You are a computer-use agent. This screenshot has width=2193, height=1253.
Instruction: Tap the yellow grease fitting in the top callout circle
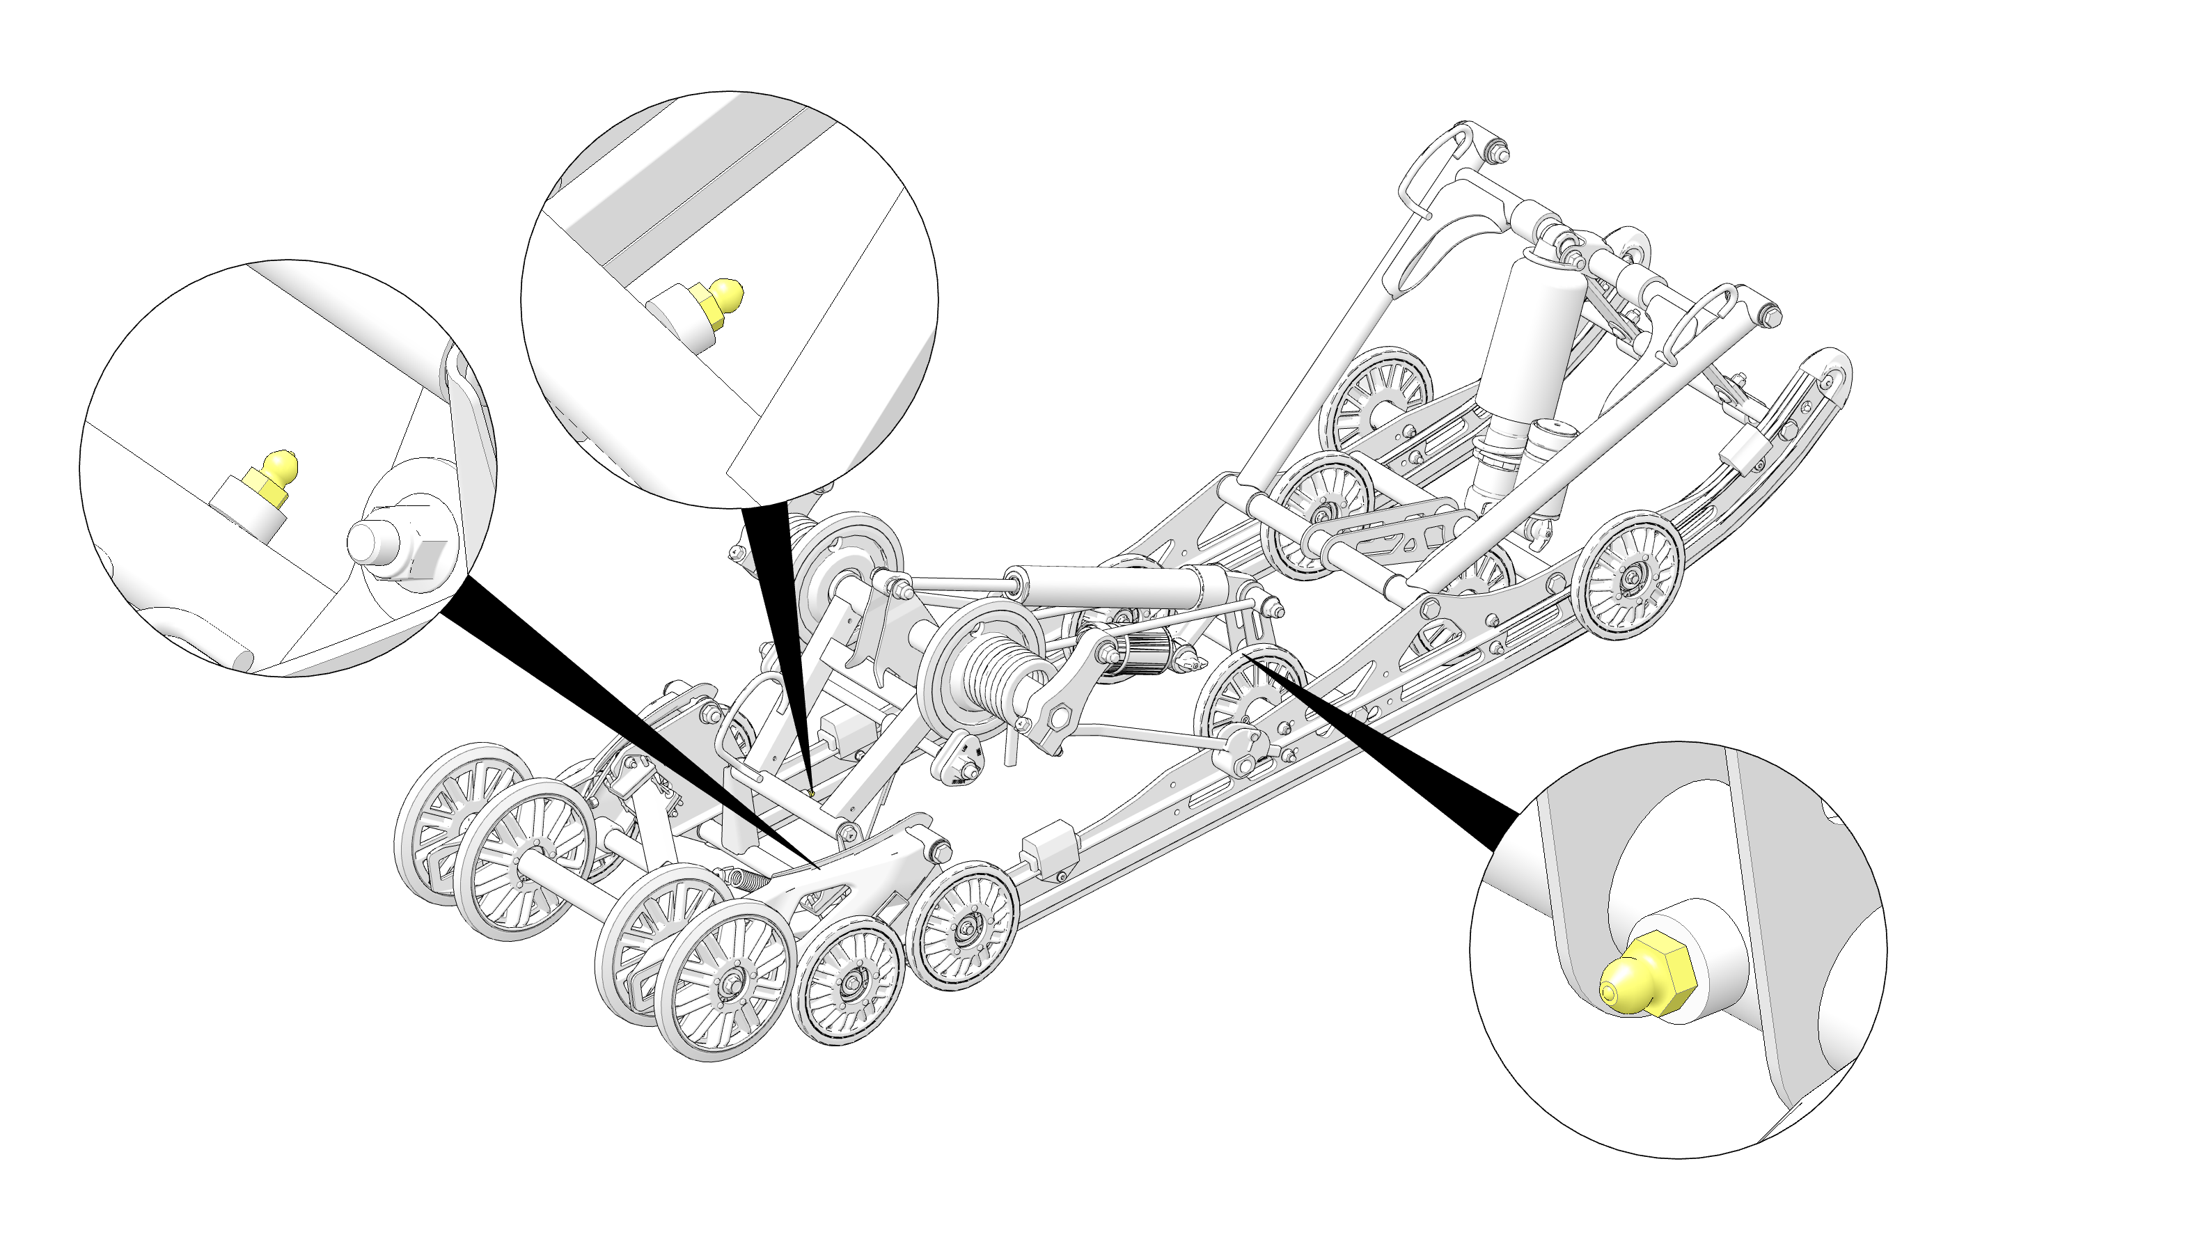point(718,304)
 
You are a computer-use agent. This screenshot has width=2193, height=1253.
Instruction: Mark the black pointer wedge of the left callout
point(620,723)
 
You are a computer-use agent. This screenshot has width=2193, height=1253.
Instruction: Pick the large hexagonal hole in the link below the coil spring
point(1060,715)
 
